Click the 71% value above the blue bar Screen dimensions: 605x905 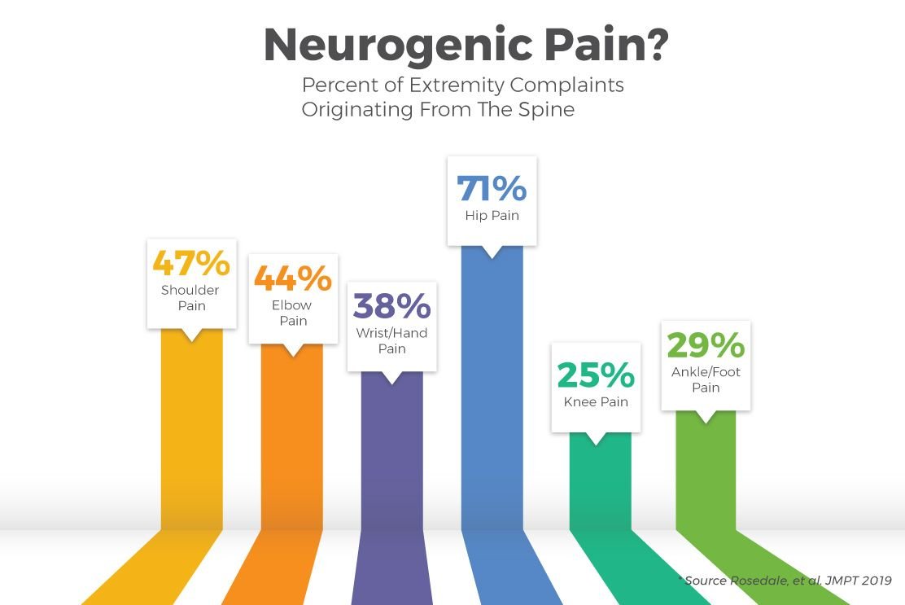coord(492,189)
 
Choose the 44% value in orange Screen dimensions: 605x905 coord(293,278)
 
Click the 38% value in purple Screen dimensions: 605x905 coord(391,306)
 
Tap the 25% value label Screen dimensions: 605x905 coord(596,375)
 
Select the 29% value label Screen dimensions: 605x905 coord(706,346)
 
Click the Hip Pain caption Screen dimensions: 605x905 coord(492,216)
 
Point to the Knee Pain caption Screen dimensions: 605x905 coord(596,402)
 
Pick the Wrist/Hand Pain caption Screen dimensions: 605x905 coord(391,340)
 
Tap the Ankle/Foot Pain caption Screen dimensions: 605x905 coord(706,379)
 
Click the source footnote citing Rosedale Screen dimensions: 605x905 coord(785,581)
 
